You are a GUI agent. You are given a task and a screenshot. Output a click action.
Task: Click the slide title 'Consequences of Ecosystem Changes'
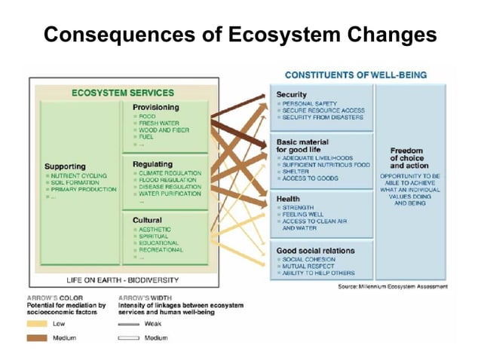(240, 35)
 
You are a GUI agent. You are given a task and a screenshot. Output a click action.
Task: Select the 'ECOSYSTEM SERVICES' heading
(122, 93)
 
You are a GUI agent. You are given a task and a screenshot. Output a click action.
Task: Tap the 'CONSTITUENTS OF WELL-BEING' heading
(355, 75)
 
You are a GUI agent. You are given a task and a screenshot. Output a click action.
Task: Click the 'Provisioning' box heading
(155, 108)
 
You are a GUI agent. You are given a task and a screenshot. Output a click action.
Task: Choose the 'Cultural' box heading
(147, 220)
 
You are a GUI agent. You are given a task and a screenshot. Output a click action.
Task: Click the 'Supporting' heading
(65, 166)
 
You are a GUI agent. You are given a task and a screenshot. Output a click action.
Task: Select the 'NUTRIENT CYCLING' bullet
(79, 175)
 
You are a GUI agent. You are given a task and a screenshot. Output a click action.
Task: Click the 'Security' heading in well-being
(291, 95)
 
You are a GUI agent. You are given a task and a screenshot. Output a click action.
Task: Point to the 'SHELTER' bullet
(297, 172)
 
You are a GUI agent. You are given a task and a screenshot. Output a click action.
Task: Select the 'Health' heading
(288, 199)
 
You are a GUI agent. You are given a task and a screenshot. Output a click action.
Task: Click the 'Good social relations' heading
(315, 251)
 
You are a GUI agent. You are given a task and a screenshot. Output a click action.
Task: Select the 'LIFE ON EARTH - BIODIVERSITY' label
(122, 280)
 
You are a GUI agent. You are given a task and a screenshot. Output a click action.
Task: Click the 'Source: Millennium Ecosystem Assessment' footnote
(392, 287)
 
